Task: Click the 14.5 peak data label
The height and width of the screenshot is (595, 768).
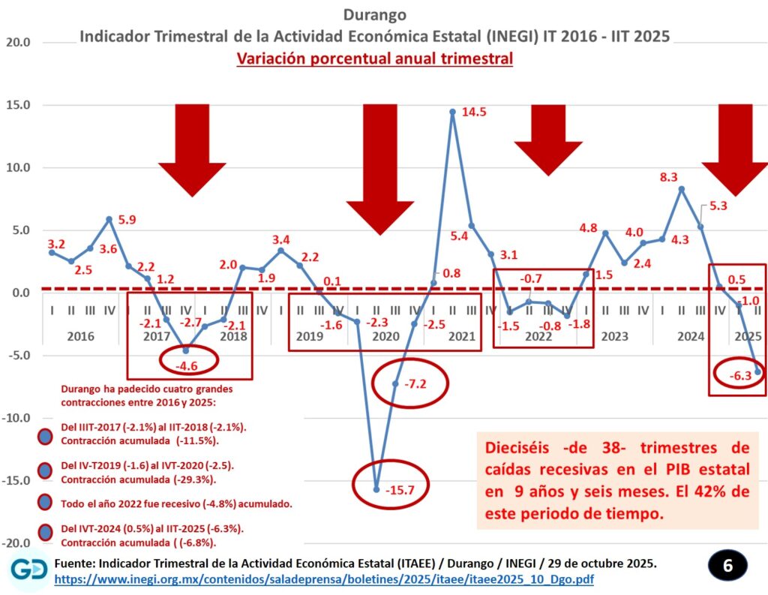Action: pyautogui.click(x=475, y=113)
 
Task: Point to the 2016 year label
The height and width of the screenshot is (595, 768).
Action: pyautogui.click(x=80, y=336)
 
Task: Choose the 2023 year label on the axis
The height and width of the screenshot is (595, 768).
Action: pyautogui.click(x=614, y=336)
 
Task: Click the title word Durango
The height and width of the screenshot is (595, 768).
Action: pyautogui.click(x=374, y=14)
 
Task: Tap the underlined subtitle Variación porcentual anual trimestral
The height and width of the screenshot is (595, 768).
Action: pyautogui.click(x=374, y=59)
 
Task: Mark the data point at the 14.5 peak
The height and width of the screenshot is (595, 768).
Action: pyautogui.click(x=453, y=112)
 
